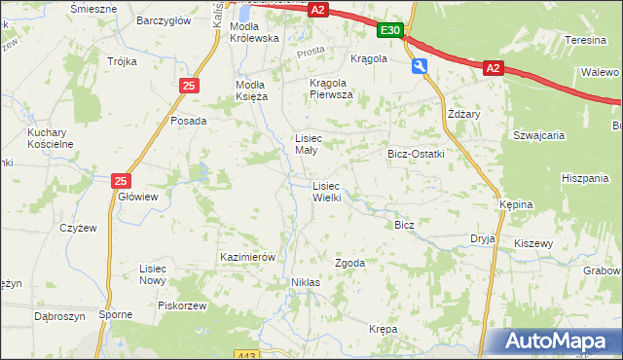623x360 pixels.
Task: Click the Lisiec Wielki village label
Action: click(x=326, y=191)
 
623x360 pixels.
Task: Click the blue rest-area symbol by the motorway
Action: click(x=420, y=66)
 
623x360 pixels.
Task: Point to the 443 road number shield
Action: click(x=246, y=354)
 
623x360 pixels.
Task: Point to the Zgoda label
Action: click(x=350, y=263)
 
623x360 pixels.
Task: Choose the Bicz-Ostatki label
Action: click(x=416, y=154)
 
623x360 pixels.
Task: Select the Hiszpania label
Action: click(x=585, y=178)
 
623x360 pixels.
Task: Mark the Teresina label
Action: click(x=586, y=41)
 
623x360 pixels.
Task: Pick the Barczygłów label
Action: click(x=162, y=19)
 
